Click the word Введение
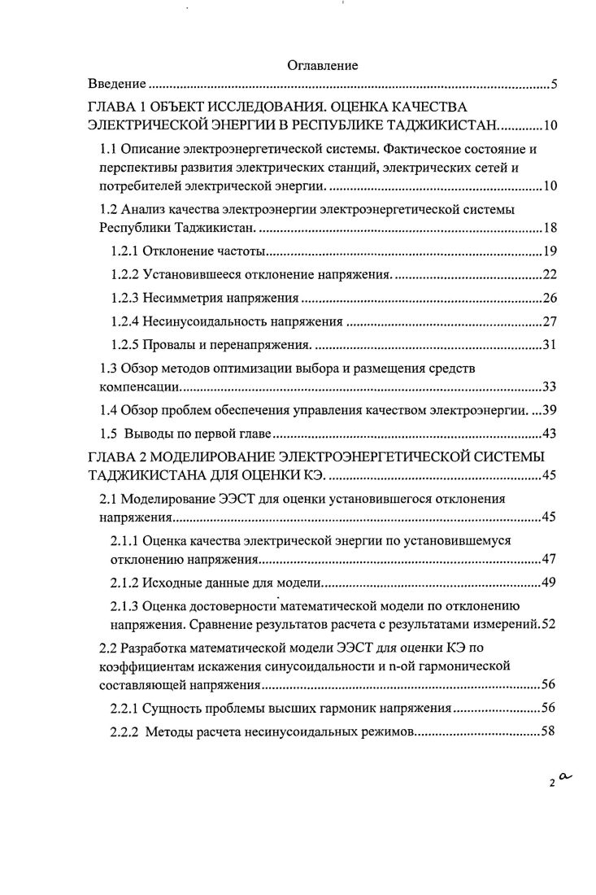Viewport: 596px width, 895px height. click(117, 84)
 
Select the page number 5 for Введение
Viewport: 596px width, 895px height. click(552, 84)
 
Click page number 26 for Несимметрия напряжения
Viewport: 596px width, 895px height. click(548, 299)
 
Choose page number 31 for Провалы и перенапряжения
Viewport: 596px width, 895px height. click(548, 346)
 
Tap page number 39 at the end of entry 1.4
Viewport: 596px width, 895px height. click(548, 410)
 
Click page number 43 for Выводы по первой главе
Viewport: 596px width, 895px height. click(548, 434)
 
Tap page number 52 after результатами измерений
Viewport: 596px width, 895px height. click(548, 624)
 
